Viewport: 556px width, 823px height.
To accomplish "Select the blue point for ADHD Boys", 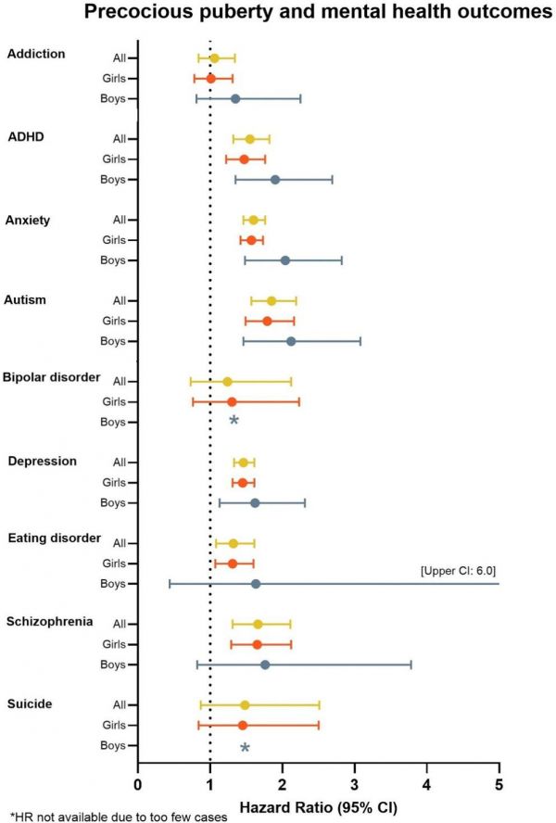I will point(275,180).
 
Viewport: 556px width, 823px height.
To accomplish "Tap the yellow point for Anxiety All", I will point(253,221).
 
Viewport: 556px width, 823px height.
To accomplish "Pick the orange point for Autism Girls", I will point(267,322).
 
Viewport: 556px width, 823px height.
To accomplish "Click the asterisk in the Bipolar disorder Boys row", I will point(234,422).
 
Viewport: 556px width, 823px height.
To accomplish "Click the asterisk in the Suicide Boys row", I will point(245,747).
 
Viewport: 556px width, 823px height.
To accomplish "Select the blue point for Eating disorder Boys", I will point(256,584).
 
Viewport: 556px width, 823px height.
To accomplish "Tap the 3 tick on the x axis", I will point(355,786).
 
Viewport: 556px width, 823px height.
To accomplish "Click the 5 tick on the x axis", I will point(499,786).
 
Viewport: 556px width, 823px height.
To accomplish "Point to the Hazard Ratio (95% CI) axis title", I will point(319,808).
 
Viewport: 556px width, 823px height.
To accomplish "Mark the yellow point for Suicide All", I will point(245,705).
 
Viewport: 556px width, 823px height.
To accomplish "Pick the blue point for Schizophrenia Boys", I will point(265,665).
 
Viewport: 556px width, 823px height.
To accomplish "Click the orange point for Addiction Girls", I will point(210,79).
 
